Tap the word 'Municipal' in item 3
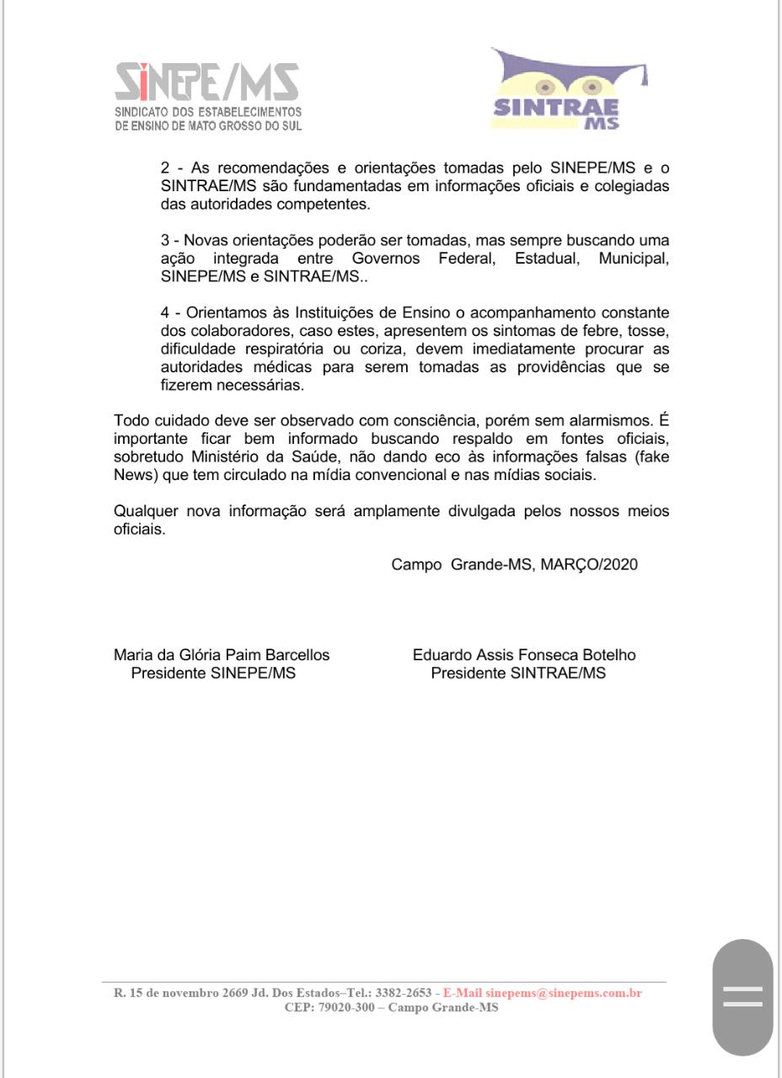(x=633, y=259)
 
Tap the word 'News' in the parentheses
(x=131, y=475)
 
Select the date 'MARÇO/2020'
(x=589, y=565)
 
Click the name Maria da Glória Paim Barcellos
(x=222, y=655)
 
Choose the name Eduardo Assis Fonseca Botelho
(x=524, y=655)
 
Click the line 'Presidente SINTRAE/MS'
(x=518, y=674)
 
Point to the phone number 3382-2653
(x=404, y=994)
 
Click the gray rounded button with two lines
(x=742, y=997)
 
